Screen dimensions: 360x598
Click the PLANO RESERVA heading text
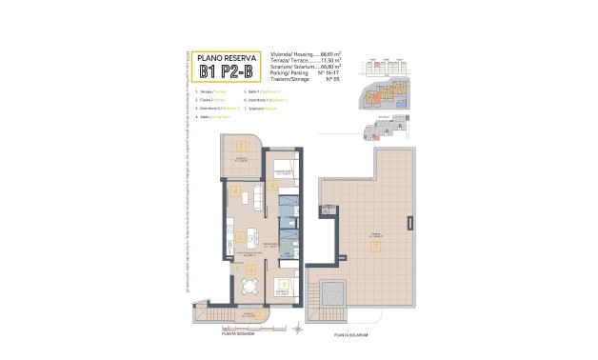[x=227, y=57]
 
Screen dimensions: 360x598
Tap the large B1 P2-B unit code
[x=227, y=71]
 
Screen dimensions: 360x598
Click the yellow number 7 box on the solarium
[x=375, y=248]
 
